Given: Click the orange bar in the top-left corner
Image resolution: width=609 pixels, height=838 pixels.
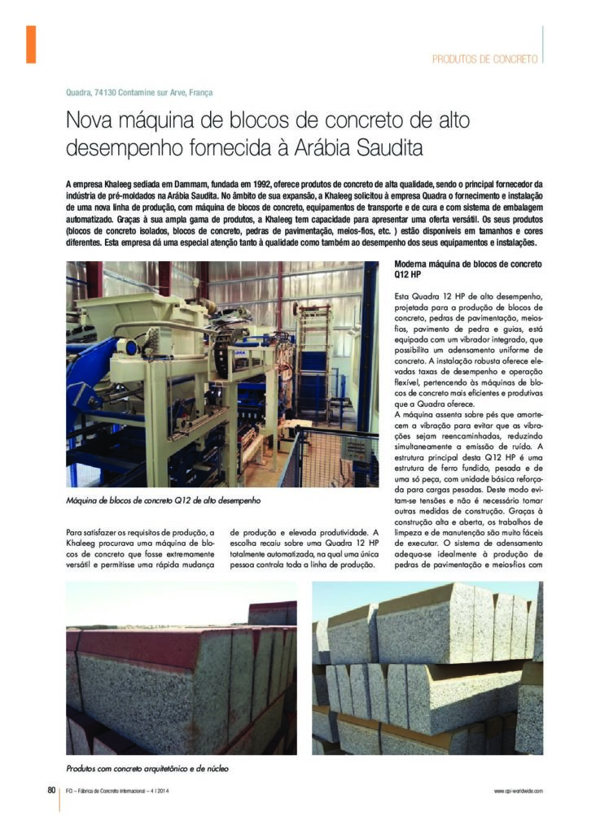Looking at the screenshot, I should click(31, 44).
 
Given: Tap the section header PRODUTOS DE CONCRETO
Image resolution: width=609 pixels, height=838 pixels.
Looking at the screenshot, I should click(484, 59).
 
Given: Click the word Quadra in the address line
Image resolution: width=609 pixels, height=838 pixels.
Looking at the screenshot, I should click(79, 93).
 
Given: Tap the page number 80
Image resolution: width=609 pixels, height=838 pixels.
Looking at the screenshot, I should click(50, 789).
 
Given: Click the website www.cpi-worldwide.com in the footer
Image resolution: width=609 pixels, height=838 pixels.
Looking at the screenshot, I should click(518, 790).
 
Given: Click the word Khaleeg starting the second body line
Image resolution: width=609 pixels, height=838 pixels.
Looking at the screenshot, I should click(82, 543).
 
